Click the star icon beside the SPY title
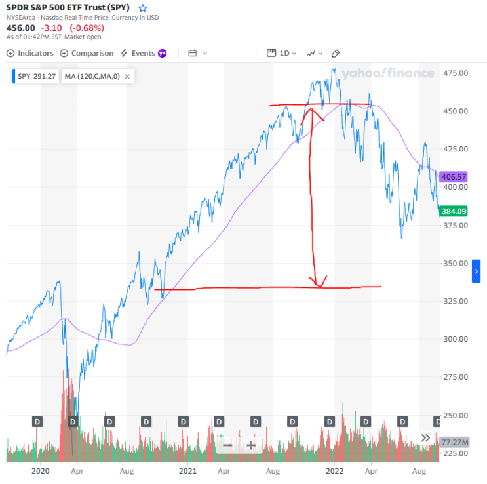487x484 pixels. [x=143, y=8]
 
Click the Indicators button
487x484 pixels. [x=30, y=53]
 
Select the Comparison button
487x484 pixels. [x=87, y=53]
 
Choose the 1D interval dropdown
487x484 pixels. [x=282, y=53]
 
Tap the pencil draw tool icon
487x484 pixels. [x=336, y=53]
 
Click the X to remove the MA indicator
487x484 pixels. [x=127, y=77]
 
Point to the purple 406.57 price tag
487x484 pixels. [x=454, y=177]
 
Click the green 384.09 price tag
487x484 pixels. [x=454, y=211]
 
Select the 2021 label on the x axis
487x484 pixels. [x=188, y=470]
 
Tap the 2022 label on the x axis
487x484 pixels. [x=335, y=470]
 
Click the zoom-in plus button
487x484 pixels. [x=250, y=445]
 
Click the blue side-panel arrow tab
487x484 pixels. [x=477, y=271]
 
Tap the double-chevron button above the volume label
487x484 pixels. [x=426, y=438]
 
